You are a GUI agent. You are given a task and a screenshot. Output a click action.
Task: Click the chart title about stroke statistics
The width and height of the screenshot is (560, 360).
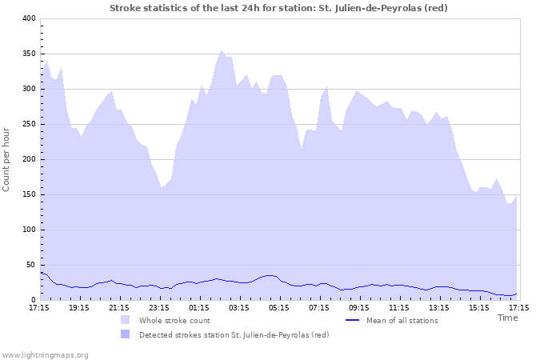(278, 8)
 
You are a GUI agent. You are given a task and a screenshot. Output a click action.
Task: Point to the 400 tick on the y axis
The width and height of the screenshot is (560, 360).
(28, 18)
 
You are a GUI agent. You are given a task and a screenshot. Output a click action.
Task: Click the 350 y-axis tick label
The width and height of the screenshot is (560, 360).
(28, 54)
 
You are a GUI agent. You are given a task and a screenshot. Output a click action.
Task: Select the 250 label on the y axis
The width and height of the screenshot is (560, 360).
(28, 124)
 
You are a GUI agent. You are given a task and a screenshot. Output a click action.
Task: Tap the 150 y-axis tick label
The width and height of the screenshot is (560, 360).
(28, 194)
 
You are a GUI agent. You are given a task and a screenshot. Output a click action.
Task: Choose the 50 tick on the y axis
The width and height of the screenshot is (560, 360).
(30, 265)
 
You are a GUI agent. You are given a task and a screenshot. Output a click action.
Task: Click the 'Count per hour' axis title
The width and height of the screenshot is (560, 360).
(7, 159)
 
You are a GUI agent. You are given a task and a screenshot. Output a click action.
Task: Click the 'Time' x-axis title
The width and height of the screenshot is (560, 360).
(507, 318)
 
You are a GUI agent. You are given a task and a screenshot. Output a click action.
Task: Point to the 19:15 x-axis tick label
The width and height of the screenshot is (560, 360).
(79, 307)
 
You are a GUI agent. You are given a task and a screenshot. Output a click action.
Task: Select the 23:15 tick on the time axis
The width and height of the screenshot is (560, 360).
(159, 307)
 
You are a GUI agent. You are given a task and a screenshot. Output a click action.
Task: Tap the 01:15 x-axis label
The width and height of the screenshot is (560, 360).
(199, 307)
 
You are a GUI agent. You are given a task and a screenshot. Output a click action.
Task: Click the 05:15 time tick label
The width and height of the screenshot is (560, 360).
(279, 307)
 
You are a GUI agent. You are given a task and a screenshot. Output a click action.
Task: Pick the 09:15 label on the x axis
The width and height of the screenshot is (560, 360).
(359, 307)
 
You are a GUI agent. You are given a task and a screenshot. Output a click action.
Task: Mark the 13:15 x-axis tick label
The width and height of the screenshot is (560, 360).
(439, 307)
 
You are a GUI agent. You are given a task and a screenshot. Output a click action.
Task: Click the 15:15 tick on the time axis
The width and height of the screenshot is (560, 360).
(479, 307)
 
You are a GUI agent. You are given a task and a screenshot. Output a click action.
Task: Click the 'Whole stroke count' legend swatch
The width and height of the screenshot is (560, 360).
(125, 321)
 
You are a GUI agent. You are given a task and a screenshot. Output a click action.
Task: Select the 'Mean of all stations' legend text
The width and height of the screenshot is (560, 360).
(402, 321)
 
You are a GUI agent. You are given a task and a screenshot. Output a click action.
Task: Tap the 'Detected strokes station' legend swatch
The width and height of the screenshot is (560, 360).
(125, 334)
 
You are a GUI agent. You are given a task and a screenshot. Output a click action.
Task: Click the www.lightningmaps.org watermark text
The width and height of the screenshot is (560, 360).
(46, 354)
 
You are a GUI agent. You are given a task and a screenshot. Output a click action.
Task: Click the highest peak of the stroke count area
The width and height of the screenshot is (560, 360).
(222, 51)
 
